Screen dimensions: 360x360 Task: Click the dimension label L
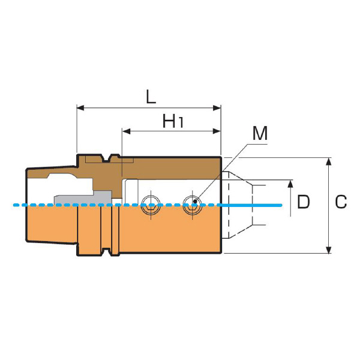[151, 97]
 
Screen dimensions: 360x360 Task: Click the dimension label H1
[173, 121]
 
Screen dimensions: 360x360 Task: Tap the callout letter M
[260, 133]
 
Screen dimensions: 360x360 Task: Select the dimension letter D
[303, 202]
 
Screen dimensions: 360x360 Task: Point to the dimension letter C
[341, 202]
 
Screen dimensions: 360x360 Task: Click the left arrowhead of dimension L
[80, 108]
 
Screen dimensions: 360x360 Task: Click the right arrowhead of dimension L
[217, 108]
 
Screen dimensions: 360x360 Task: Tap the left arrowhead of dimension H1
[126, 131]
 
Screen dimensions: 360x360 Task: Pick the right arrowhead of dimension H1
[217, 131]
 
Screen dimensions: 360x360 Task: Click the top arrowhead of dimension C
[329, 161]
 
